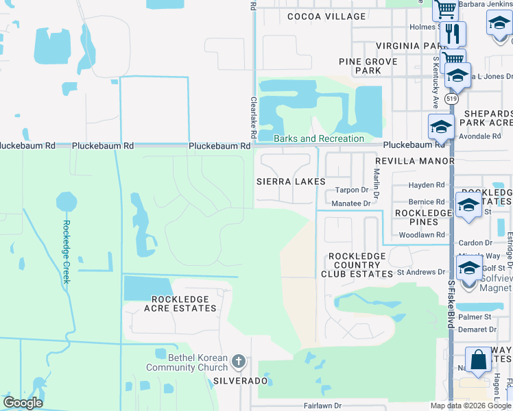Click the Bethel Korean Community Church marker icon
[x=238, y=361]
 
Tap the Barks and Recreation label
[x=319, y=139]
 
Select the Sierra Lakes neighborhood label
[x=291, y=182]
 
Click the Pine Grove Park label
[x=369, y=66]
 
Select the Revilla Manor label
[x=414, y=161]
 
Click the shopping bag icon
[x=477, y=360]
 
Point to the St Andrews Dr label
[x=421, y=272]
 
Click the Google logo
[x=23, y=403]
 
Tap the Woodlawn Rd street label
[x=422, y=235]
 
